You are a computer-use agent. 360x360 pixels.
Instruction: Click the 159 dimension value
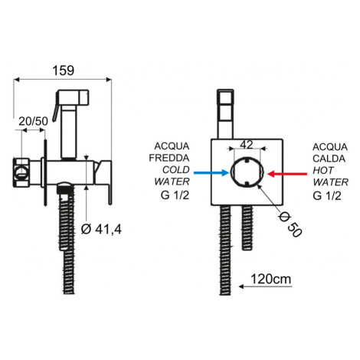tap(64, 70)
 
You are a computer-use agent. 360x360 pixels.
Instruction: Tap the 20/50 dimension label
tap(33, 121)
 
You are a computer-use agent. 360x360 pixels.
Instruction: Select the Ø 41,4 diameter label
tap(101, 229)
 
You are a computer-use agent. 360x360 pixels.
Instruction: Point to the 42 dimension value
tap(247, 145)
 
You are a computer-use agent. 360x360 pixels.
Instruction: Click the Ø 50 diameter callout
tap(290, 224)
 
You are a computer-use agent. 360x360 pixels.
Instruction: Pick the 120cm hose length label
tap(271, 279)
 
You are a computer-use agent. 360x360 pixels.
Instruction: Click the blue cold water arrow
tap(211, 173)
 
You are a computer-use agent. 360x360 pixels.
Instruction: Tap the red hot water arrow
tap(287, 174)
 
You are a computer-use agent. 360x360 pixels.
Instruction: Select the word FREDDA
tap(169, 158)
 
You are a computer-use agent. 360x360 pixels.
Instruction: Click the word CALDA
tap(329, 159)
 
